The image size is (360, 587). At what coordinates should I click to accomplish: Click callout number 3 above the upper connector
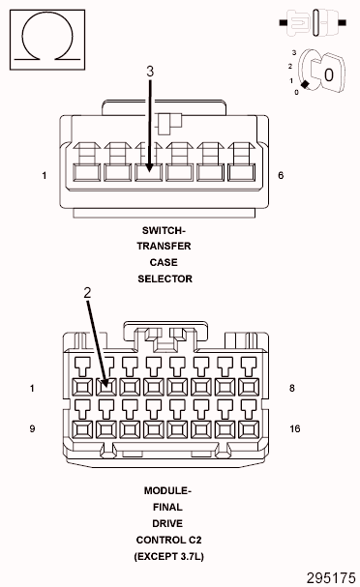150,72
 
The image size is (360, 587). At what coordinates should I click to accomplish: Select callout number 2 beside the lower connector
87,292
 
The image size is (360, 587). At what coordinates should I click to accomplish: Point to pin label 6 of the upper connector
281,176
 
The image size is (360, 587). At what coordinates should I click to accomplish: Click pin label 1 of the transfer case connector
45,176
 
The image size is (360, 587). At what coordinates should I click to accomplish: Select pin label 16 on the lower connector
296,427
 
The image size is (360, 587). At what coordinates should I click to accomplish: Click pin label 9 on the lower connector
32,427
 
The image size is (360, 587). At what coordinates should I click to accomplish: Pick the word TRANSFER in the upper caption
165,246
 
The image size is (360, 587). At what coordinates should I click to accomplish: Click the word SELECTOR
165,279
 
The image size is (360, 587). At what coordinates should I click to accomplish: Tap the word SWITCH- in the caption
165,230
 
